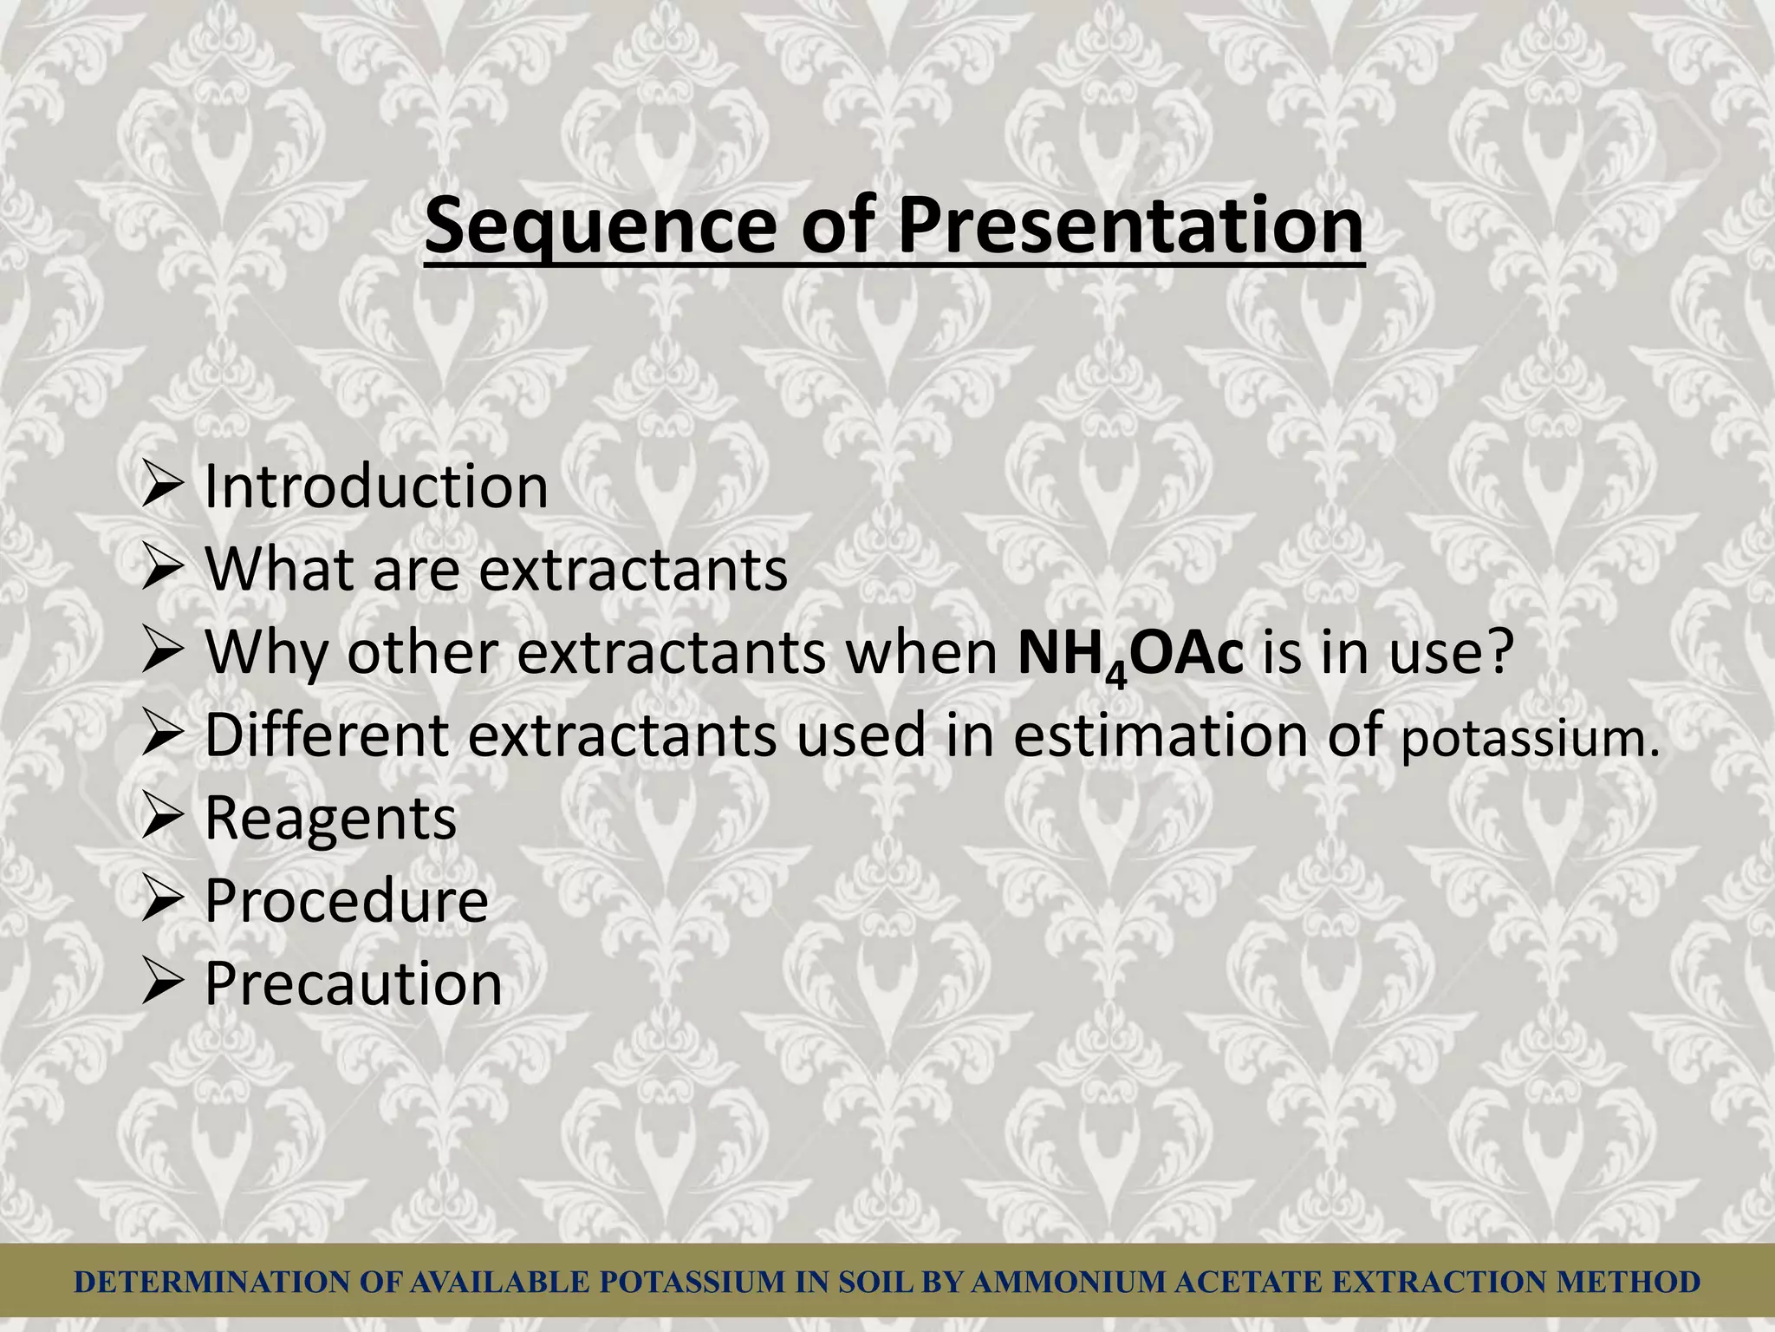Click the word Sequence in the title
coord(600,227)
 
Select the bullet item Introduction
coord(376,486)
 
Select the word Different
coord(327,735)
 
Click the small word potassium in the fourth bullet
coord(1531,739)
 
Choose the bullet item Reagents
coord(330,819)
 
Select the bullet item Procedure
coord(347,900)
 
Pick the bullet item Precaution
coord(353,983)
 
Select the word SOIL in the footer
coord(875,1282)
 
